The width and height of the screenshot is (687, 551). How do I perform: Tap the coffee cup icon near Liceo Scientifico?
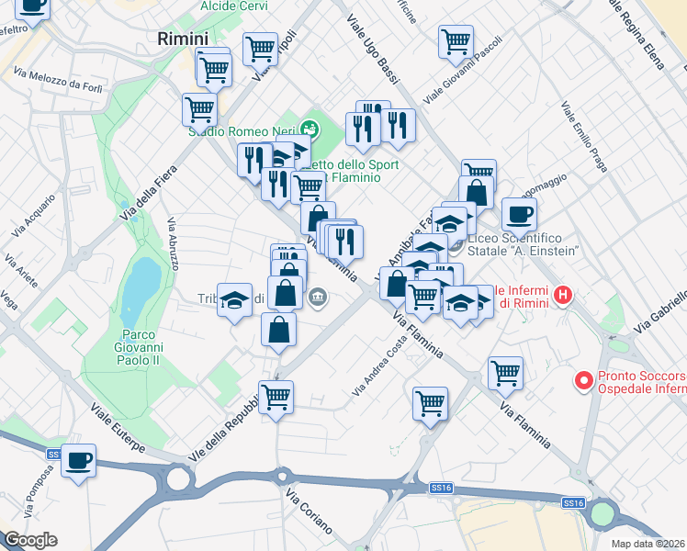tap(519, 213)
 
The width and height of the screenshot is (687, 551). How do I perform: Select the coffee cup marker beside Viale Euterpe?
tap(79, 460)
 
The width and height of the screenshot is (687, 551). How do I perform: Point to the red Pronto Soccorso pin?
tap(582, 380)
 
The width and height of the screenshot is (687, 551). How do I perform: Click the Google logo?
tap(30, 540)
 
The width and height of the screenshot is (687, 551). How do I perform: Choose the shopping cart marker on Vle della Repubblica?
tap(276, 399)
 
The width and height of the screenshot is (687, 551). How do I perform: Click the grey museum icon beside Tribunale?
tap(319, 297)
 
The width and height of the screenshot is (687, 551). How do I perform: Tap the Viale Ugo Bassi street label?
tap(371, 51)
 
